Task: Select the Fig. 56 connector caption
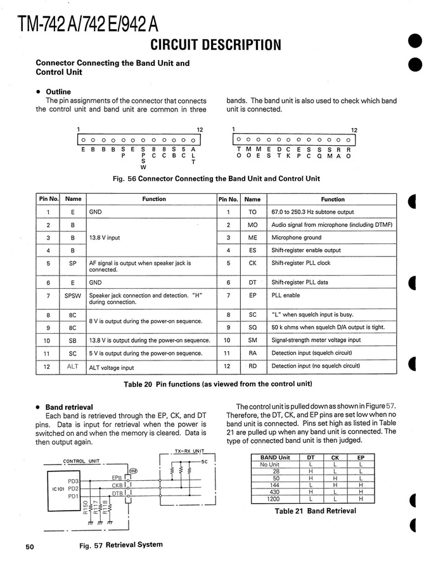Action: (x=216, y=179)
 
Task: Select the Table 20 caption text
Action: (x=215, y=384)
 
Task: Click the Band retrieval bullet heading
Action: (x=69, y=407)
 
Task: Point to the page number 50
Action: (x=30, y=546)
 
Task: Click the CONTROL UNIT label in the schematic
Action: (x=82, y=461)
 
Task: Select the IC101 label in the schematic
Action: (x=55, y=489)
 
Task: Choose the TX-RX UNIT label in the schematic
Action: (x=188, y=451)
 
